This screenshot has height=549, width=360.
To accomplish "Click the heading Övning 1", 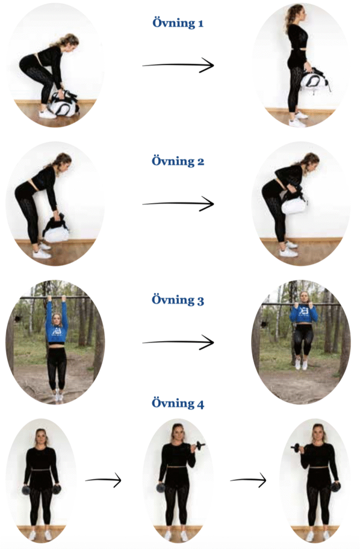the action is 178,23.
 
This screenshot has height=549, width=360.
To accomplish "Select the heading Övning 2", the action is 178,161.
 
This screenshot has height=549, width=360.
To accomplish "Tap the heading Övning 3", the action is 178,300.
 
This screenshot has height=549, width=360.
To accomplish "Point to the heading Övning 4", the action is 178,403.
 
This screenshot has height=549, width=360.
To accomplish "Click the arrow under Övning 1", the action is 178,65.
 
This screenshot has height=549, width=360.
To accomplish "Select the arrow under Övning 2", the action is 178,204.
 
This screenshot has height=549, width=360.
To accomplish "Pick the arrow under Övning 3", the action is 178,342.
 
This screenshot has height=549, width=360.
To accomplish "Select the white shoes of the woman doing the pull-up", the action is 302,364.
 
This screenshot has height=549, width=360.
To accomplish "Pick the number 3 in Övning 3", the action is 200,302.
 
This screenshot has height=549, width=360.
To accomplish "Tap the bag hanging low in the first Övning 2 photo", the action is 57,229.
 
